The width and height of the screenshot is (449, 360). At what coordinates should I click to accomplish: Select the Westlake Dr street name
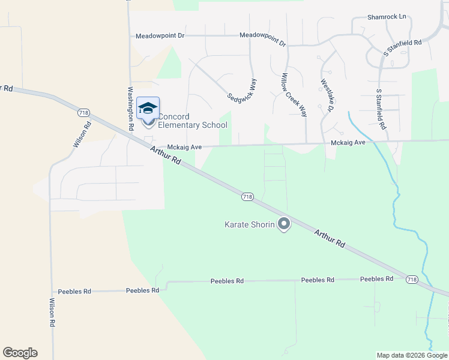[x=326, y=96]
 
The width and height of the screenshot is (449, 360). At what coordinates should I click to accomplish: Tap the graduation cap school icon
[x=148, y=108]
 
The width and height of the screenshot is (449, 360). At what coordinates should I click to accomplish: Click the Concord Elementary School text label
[x=192, y=121]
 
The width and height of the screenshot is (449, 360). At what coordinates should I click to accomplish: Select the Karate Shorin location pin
[x=285, y=224]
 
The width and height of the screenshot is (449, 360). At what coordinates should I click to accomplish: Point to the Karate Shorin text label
[x=249, y=225]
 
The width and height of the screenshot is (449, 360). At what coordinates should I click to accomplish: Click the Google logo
[x=20, y=353]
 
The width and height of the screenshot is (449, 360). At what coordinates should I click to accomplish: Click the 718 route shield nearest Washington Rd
[x=83, y=112]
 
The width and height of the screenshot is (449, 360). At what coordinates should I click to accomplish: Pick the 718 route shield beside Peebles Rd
[x=412, y=280]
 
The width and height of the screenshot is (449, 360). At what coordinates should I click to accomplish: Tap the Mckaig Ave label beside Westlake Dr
[x=348, y=143]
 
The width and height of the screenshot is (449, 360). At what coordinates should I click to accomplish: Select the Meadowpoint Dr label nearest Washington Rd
[x=160, y=36]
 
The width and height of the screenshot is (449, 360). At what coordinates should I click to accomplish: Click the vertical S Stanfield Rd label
[x=379, y=110]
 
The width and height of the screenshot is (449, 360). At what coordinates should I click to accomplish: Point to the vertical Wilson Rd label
[x=53, y=313]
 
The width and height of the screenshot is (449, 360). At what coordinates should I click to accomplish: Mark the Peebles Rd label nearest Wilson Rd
[x=142, y=290]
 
